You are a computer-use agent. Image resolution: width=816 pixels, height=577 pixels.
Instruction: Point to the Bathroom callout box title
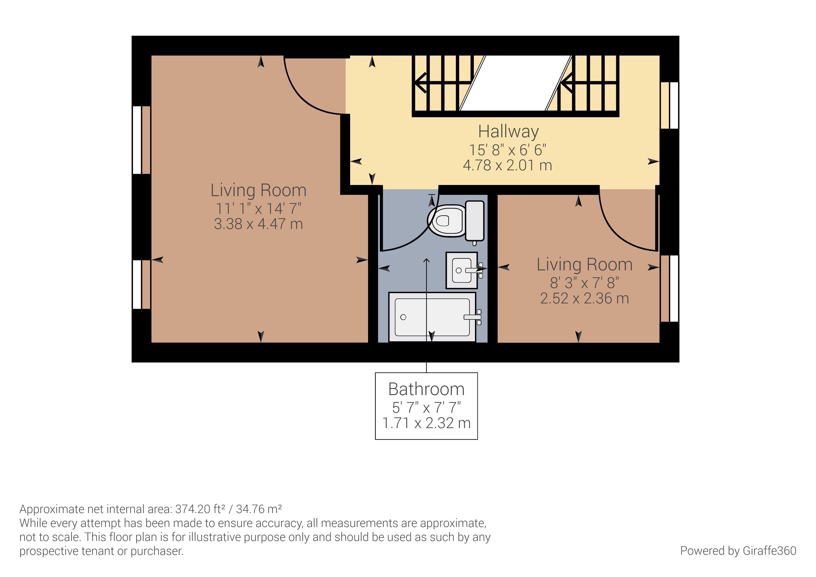click(x=426, y=389)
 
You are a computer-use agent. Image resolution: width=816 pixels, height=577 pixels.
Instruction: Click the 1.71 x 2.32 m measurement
click(x=426, y=423)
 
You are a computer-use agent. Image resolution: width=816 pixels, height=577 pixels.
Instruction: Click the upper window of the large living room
click(x=141, y=140)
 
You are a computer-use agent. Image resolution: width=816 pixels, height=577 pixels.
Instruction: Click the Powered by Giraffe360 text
click(x=738, y=551)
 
